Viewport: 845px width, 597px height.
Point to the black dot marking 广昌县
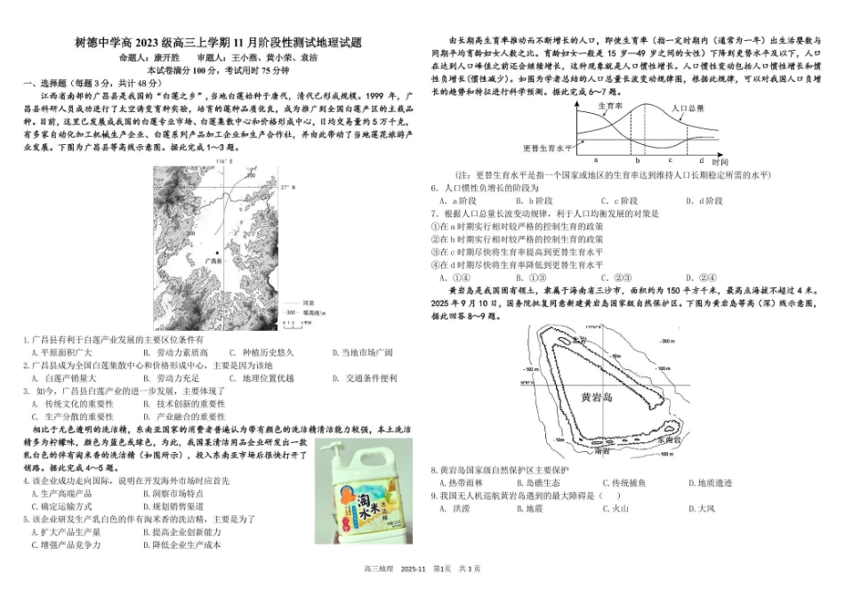(x=216, y=254)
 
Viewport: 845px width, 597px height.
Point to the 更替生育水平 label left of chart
(x=546, y=148)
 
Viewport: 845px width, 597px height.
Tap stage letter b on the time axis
(x=637, y=160)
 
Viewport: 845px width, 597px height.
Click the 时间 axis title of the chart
(x=720, y=162)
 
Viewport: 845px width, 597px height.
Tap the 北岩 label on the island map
(x=581, y=339)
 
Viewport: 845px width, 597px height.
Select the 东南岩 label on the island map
(x=669, y=440)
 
